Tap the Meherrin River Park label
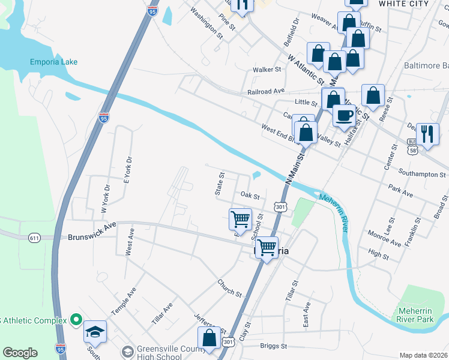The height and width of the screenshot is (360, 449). [415, 316]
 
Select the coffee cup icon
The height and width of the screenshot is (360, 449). [343, 115]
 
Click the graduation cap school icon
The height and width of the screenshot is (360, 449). [95, 332]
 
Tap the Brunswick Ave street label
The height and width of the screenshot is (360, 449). [91, 227]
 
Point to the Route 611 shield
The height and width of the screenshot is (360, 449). [34, 238]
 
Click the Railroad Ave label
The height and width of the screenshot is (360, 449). [266, 92]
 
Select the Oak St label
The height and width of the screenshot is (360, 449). [249, 196]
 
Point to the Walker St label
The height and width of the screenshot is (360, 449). [267, 70]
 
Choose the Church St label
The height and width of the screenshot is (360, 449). [230, 288]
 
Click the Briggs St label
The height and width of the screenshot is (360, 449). [274, 346]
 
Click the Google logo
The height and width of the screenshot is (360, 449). [20, 352]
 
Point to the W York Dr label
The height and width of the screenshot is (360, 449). [104, 198]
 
